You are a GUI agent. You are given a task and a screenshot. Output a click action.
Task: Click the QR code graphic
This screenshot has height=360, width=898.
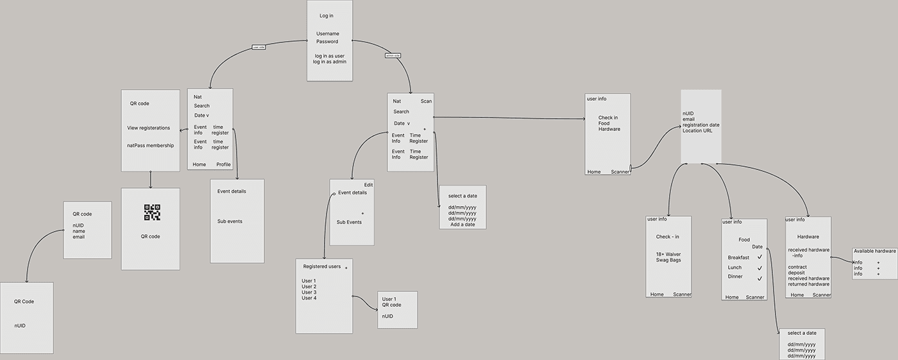coord(152,212)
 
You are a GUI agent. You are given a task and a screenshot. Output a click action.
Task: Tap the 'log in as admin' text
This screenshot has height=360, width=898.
coord(330,62)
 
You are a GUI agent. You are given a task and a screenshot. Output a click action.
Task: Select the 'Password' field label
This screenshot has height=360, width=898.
coord(327,42)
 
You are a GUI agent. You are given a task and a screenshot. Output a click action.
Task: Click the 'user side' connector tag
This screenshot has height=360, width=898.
coord(258,47)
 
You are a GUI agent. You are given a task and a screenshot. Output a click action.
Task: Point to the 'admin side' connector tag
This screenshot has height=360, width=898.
coord(393,56)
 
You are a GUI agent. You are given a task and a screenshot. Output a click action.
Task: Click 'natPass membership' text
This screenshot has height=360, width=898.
coord(150,146)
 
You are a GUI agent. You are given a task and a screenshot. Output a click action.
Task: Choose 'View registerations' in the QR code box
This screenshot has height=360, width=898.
coord(148,128)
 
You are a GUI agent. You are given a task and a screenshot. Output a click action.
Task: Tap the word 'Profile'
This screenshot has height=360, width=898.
coord(223,164)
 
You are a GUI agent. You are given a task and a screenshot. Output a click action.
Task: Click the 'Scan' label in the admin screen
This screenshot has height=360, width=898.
coord(426,101)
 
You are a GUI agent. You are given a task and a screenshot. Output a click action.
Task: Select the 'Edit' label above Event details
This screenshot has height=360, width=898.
coord(368,185)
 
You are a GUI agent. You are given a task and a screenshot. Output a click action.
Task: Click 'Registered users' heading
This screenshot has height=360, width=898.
coord(321,266)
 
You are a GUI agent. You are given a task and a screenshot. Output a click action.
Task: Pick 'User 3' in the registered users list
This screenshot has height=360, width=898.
coord(309,293)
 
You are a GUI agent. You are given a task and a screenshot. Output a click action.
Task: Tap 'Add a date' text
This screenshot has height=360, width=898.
coord(462,225)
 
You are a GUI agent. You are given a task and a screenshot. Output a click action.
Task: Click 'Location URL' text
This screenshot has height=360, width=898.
coord(701,131)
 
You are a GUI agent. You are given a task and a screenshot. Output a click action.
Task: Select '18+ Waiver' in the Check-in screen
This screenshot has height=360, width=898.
coord(668,254)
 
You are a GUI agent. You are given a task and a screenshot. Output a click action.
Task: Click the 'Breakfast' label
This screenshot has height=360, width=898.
coord(738,257)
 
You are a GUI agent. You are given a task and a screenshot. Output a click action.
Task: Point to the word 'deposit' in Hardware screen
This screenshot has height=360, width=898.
coord(797,273)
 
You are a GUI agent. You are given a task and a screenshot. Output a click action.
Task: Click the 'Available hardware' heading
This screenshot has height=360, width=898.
coord(874,251)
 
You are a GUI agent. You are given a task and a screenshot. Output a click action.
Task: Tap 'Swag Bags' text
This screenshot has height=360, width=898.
coord(668,260)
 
